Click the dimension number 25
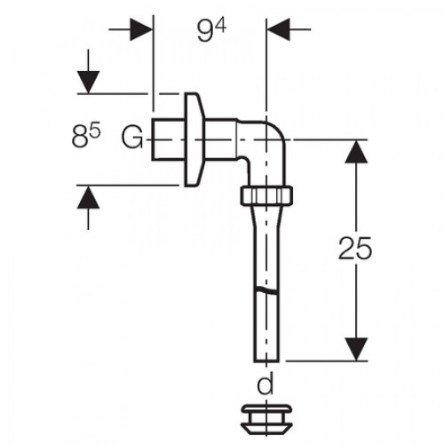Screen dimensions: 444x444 click(355, 248)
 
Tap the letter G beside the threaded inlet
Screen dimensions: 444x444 click(132, 138)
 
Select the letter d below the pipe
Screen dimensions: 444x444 click(266, 383)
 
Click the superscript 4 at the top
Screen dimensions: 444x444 click(221, 26)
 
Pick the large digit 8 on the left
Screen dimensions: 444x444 click(80, 138)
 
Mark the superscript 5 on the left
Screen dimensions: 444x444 click(95, 131)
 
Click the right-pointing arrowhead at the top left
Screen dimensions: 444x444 click(141, 29)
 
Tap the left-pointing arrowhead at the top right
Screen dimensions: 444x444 click(278, 29)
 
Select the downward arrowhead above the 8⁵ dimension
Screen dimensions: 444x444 click(88, 83)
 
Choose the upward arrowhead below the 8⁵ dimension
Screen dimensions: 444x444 click(88, 197)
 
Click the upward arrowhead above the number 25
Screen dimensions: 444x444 click(356, 152)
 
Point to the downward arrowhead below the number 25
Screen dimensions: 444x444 click(356, 349)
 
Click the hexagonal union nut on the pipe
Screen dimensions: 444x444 click(266, 195)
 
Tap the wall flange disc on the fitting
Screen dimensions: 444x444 click(194, 139)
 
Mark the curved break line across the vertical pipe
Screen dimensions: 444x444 click(266, 290)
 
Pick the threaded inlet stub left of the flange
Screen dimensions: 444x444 click(169, 139)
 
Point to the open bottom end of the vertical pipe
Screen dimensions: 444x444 click(266, 361)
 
